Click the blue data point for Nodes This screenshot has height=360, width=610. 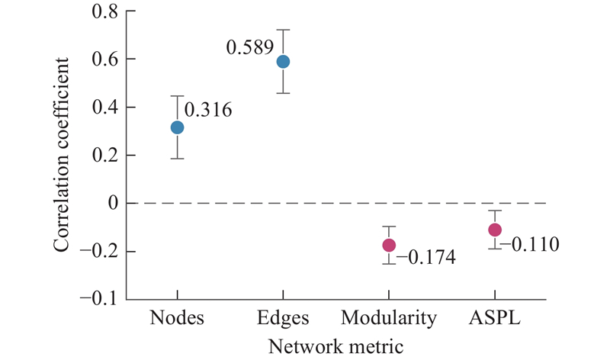(x=178, y=127)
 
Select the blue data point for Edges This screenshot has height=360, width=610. (x=283, y=62)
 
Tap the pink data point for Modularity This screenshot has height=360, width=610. (x=389, y=245)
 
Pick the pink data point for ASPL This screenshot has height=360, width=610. (x=495, y=230)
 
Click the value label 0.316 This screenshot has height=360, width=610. (x=208, y=110)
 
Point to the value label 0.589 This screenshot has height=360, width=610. (x=250, y=47)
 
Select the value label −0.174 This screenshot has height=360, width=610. (x=425, y=257)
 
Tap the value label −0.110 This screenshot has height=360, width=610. (x=530, y=244)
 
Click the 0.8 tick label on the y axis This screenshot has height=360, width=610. (x=105, y=11)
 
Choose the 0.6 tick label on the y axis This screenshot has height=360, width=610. (x=105, y=59)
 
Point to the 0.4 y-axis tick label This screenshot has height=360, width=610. (x=105, y=107)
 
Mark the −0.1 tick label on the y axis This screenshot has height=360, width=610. (x=99, y=299)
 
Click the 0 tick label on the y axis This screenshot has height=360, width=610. (x=113, y=203)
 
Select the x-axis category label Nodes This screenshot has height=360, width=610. (x=177, y=317)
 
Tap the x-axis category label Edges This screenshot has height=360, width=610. (x=283, y=317)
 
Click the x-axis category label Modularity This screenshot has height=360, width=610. (x=389, y=318)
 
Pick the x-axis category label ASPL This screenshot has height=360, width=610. (x=495, y=317)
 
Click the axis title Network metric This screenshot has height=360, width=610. (x=336, y=346)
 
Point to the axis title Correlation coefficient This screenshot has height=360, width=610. (x=61, y=155)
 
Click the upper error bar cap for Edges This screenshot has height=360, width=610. (x=283, y=30)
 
